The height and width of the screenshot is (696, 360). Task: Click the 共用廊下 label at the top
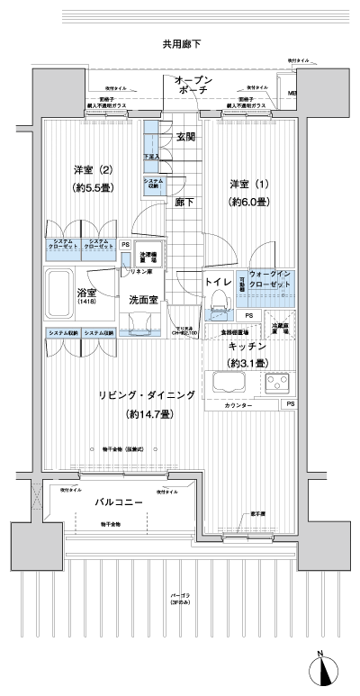point(181,43)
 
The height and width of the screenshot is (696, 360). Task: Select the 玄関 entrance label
point(185,137)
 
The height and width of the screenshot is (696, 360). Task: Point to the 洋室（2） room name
point(91,170)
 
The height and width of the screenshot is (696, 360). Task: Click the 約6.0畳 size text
point(248,202)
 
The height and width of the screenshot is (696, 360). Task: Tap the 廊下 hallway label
point(185,203)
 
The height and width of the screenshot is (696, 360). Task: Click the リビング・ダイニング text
point(148,395)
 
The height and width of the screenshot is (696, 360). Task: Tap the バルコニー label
point(120,502)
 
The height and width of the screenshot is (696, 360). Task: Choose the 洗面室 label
point(144,299)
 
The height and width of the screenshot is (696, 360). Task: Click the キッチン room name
point(245,345)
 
